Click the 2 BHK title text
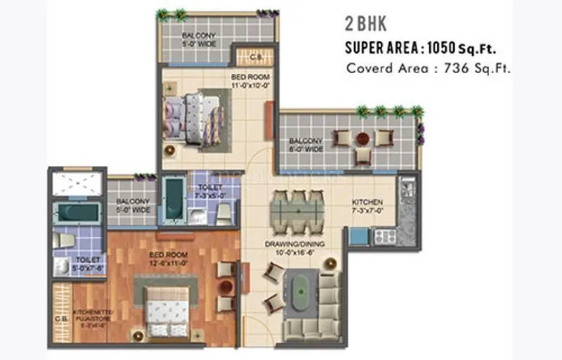tap(364, 24)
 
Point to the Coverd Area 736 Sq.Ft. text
tap(428, 68)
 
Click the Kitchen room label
tap(367, 205)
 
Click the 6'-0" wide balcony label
tap(306, 145)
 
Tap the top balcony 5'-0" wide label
tap(198, 41)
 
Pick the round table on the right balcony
tap(362, 138)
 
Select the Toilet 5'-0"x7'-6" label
tap(89, 264)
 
